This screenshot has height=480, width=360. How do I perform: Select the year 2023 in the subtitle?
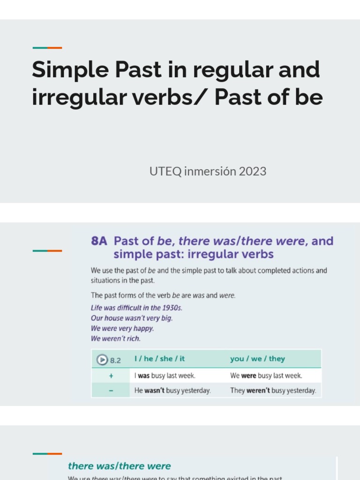pos(252,172)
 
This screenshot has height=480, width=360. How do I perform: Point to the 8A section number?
pos(99,241)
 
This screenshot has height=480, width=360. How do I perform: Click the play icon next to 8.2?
pos(102,360)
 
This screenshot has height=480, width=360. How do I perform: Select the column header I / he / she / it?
pos(159,359)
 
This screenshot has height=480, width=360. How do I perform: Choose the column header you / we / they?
pos(257,359)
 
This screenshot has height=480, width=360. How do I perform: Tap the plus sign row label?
pos(111,375)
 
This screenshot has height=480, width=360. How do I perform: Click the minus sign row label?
pos(111,390)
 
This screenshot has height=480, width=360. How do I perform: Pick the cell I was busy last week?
pos(165,375)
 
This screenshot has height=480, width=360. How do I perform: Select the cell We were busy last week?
pos(266,375)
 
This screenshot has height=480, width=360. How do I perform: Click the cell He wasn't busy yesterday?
pos(172,390)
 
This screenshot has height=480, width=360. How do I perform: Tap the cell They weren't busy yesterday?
pos(273,390)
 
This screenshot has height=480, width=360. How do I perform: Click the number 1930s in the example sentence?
pos(171,308)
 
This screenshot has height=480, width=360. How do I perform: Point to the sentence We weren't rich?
pos(115,338)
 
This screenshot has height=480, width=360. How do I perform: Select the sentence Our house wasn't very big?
pos(132,318)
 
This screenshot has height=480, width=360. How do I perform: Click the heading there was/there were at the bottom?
pos(119,466)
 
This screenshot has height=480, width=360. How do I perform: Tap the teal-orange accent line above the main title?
pos(47,48)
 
